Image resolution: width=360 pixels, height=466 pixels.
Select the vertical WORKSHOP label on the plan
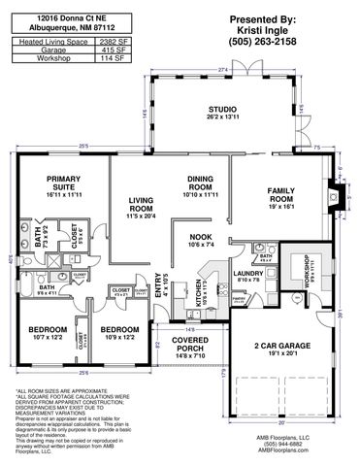click(x=304, y=276)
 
